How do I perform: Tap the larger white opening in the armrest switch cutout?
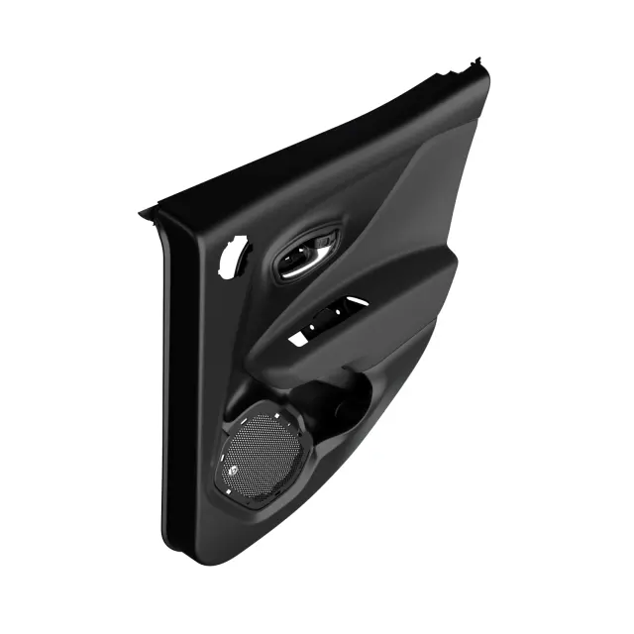[298, 339]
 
